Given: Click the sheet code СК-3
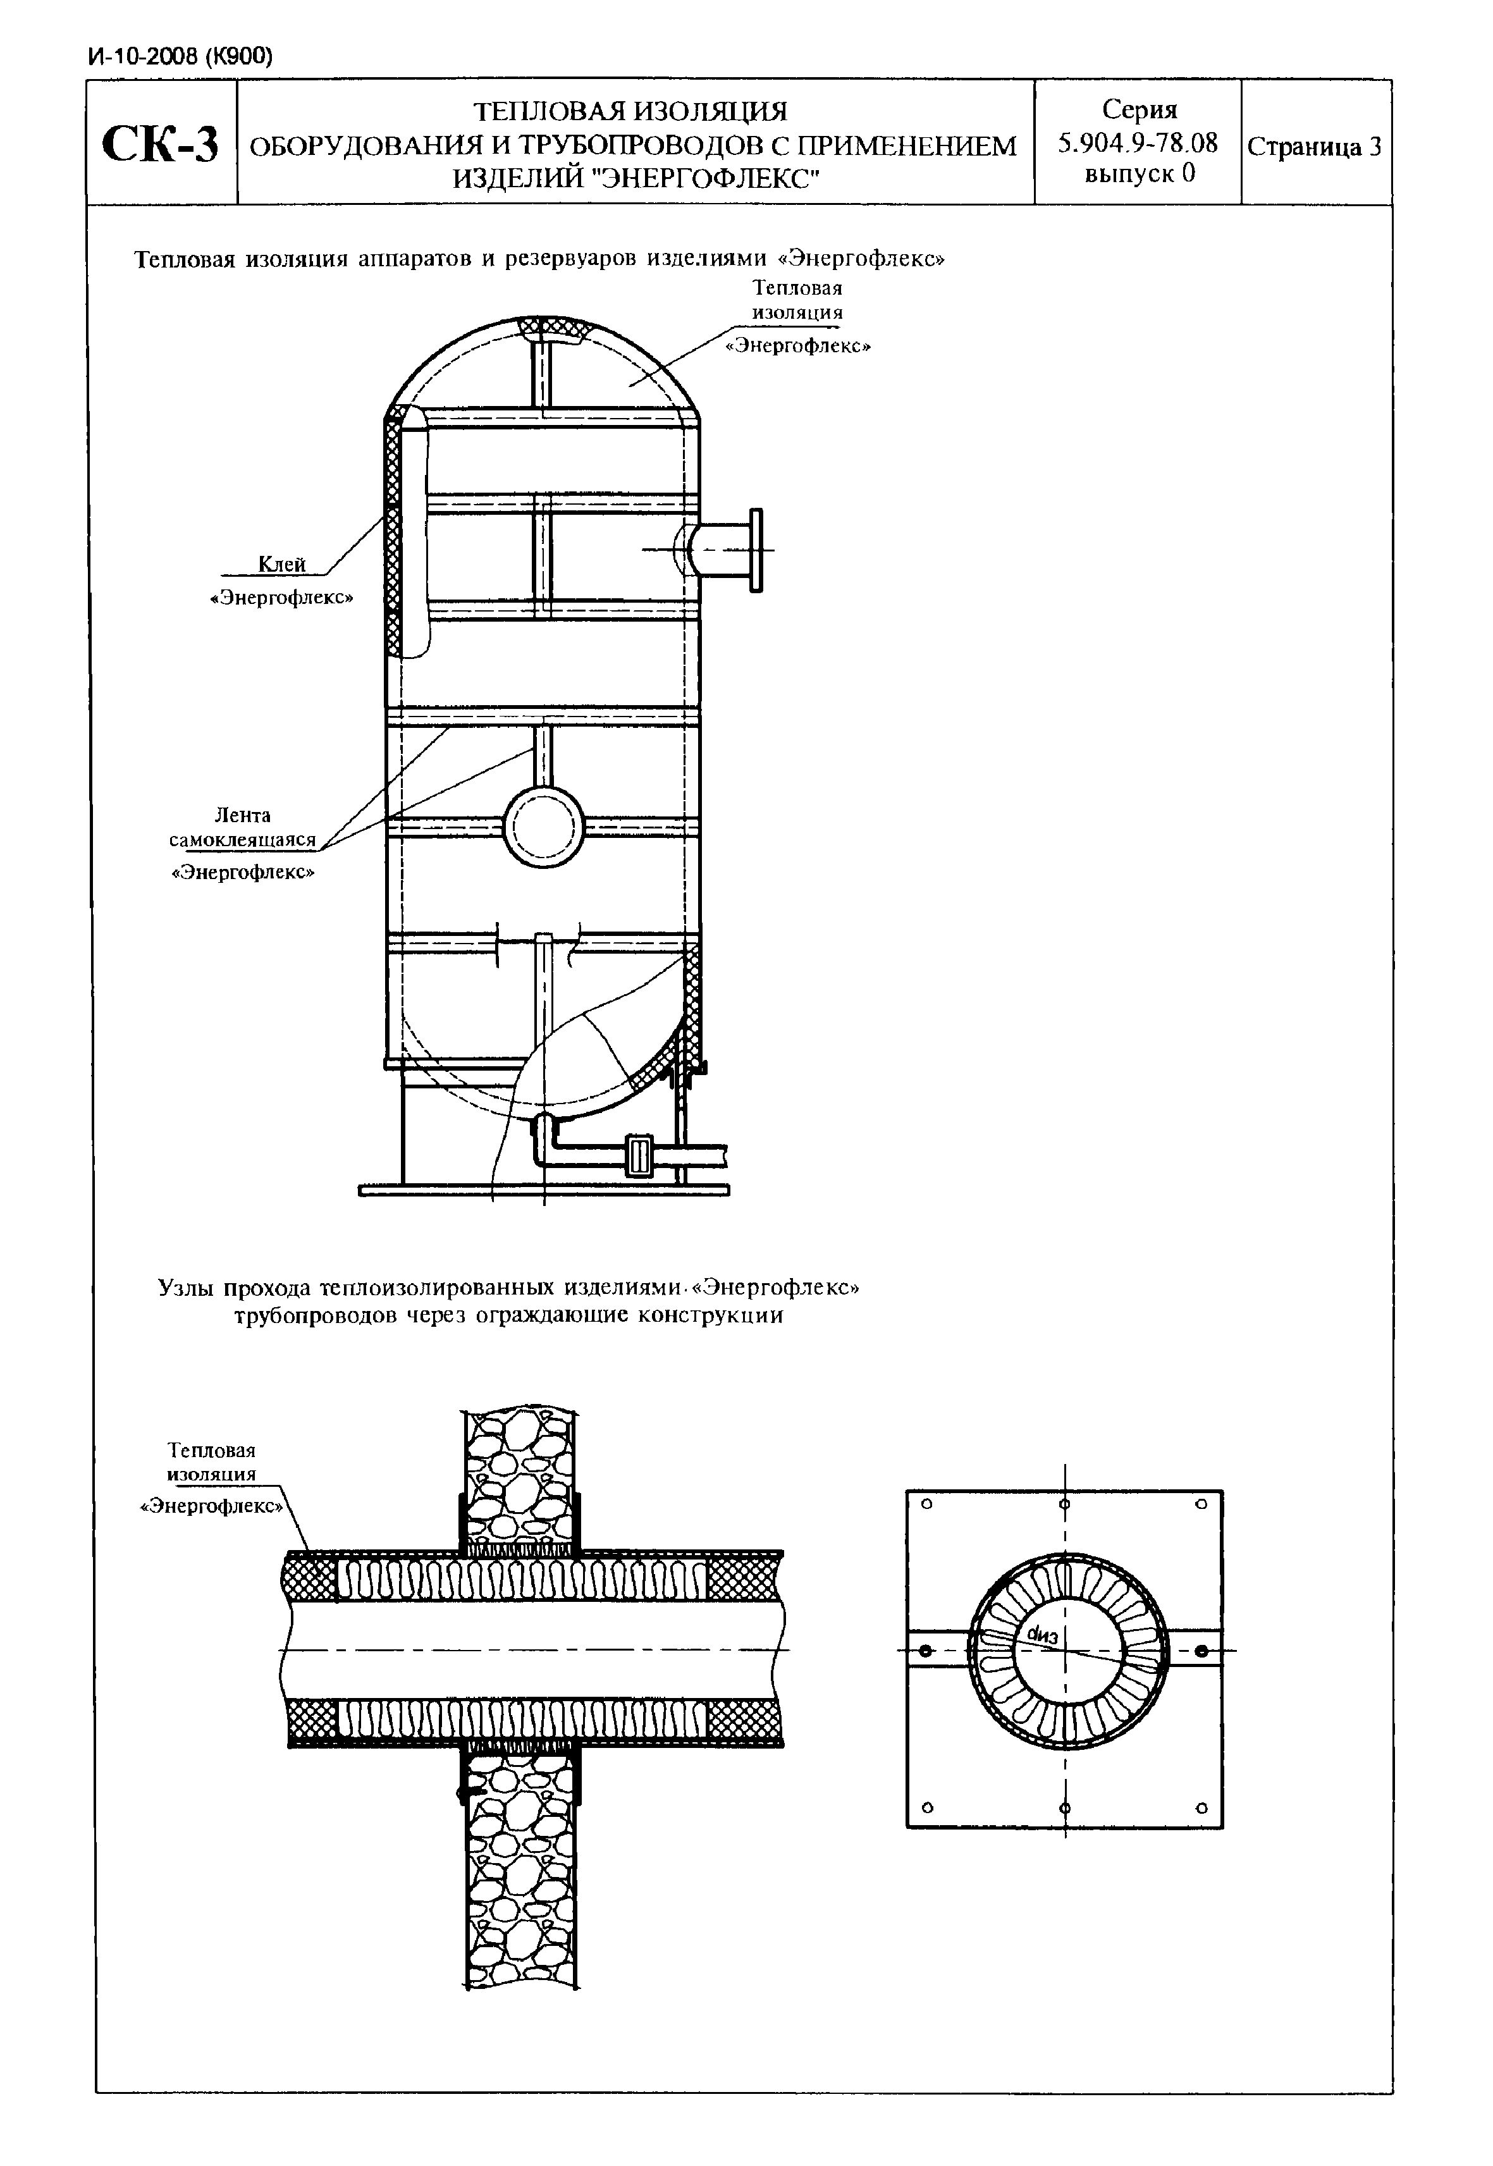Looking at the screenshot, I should (x=161, y=143).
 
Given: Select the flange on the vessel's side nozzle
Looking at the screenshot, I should (x=756, y=550).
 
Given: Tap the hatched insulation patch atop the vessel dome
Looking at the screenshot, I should (x=552, y=329).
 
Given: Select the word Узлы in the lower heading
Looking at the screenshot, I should (x=187, y=1288).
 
